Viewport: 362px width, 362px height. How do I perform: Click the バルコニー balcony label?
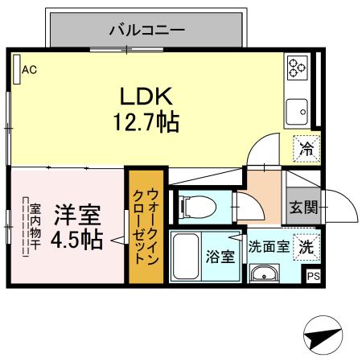(x=147, y=31)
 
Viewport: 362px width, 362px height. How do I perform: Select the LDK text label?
(x=147, y=97)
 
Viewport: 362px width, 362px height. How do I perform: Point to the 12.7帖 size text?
(x=147, y=123)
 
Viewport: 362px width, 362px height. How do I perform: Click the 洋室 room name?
(x=77, y=215)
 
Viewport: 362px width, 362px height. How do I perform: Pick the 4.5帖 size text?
(x=77, y=239)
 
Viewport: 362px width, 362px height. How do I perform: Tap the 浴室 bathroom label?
(x=220, y=257)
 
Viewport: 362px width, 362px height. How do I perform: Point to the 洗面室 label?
(x=267, y=247)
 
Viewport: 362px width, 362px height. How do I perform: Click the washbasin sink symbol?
(x=263, y=275)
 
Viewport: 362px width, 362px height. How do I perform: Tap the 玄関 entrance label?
(x=303, y=207)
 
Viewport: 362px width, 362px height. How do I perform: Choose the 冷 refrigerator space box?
(x=306, y=147)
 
